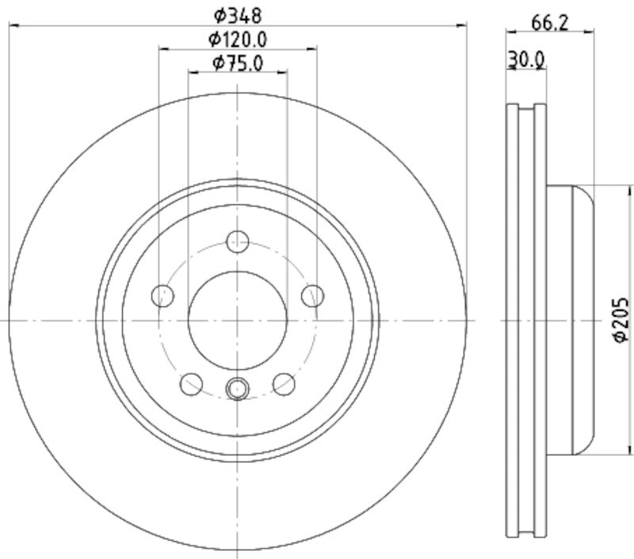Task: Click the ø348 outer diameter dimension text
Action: [x=238, y=14]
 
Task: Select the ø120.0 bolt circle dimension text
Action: [x=238, y=38]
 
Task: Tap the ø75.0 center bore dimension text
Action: [x=238, y=63]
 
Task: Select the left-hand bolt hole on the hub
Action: [x=162, y=295]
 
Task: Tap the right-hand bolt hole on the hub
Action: [x=313, y=295]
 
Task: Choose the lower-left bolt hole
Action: [x=191, y=384]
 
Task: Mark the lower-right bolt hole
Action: [x=285, y=384]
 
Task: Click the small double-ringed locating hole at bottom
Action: [x=238, y=388]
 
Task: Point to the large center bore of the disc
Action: [x=238, y=320]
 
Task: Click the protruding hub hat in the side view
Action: [x=571, y=320]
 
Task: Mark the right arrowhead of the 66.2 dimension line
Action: [x=590, y=32]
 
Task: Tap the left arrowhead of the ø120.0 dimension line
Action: [x=163, y=49]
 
